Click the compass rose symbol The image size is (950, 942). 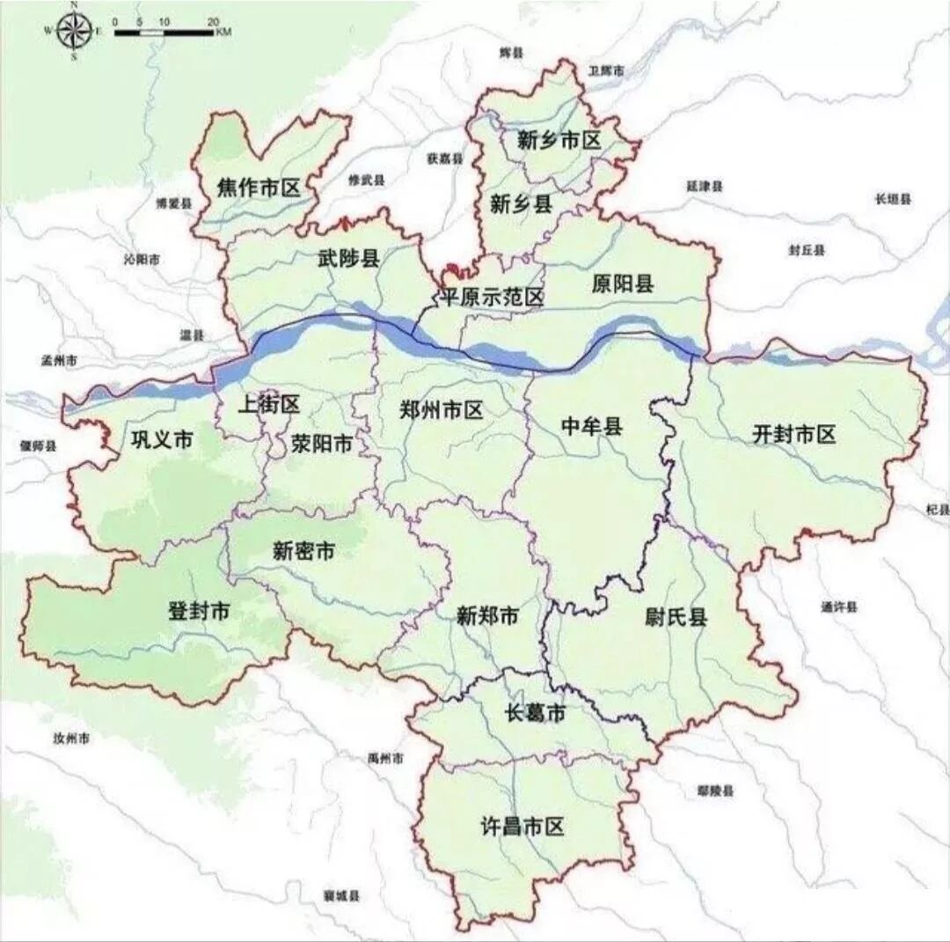74,31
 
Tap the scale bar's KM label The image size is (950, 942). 223,33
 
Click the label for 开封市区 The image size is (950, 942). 793,434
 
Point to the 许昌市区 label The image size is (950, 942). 522,827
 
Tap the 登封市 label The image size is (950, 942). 199,611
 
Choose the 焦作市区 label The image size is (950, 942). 259,188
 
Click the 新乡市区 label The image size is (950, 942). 559,140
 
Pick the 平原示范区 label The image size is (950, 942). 492,298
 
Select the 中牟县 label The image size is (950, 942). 591,427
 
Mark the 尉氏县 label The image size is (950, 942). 676,617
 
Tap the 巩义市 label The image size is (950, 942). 161,440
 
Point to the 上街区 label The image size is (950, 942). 269,404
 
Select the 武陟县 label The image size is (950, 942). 347,258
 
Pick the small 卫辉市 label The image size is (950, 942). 606,70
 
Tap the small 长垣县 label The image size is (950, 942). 894,200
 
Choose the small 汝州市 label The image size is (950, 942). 71,738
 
